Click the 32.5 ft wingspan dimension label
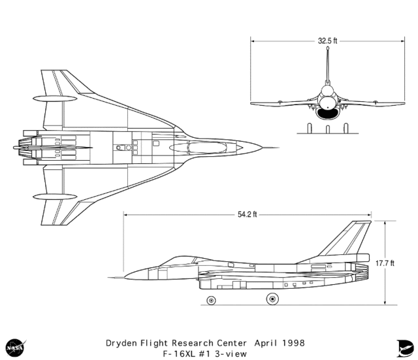click(327, 41)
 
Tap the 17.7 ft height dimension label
click(385, 263)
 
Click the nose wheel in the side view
click(212, 300)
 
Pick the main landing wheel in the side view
click(270, 299)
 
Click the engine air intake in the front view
click(327, 113)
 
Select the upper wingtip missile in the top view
click(53, 99)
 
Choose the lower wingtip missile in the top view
click(53, 195)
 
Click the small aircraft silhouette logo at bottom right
click(402, 346)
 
